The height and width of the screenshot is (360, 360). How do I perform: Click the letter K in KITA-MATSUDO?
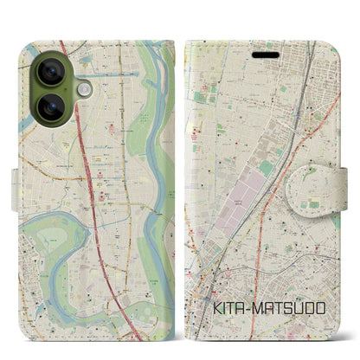pos(215,307)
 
